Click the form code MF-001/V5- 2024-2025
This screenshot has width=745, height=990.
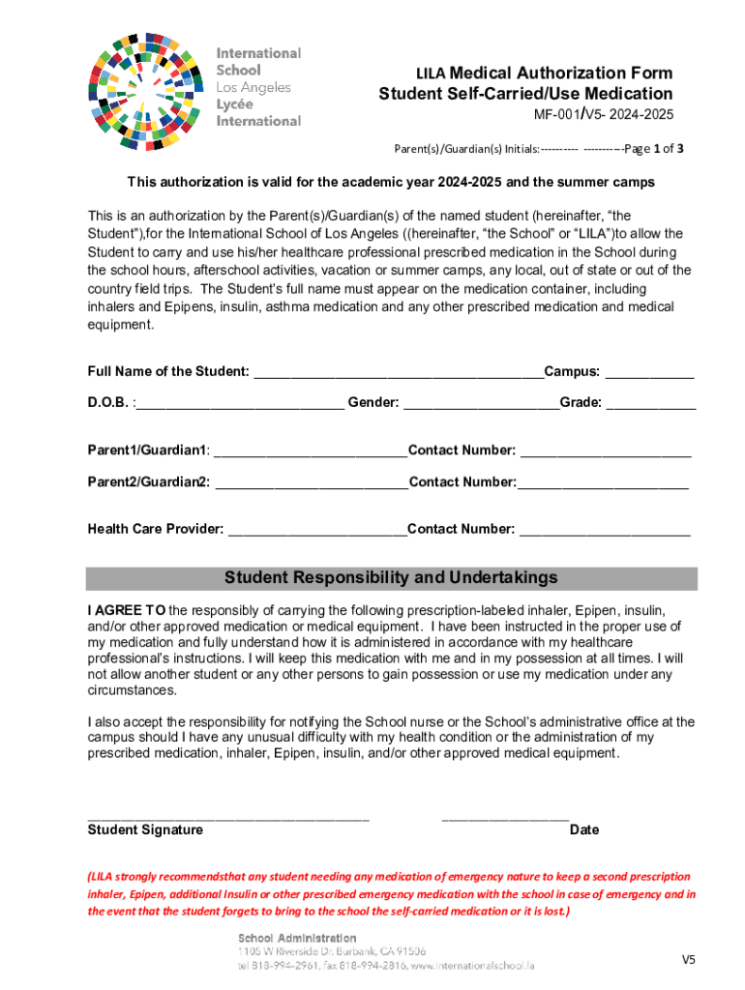[x=605, y=115]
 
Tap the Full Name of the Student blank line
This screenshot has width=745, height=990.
[x=398, y=373]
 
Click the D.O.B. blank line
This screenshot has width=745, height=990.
[x=240, y=404]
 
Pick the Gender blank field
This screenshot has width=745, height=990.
[x=481, y=404]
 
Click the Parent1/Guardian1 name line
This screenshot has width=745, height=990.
[x=310, y=451]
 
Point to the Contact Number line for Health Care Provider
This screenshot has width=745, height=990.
[x=605, y=530]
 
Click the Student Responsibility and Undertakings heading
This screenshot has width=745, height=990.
[x=391, y=578]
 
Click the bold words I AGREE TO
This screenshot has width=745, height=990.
[x=127, y=611]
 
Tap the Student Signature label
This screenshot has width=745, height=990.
[x=145, y=830]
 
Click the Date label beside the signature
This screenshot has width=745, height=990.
[x=584, y=830]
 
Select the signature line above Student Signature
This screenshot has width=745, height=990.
[x=228, y=817]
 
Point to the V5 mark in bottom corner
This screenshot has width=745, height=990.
[x=688, y=960]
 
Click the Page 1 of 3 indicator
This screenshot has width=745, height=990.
[x=655, y=150]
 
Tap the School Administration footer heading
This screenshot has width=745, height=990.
[x=297, y=938]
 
